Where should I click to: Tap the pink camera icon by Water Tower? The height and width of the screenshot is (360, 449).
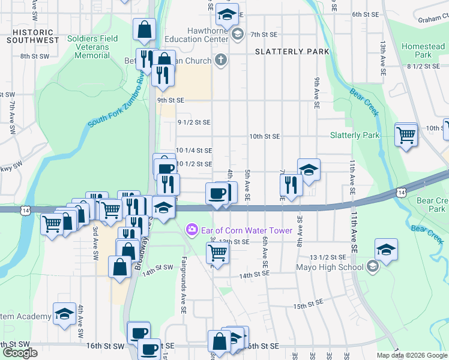pos(191,229)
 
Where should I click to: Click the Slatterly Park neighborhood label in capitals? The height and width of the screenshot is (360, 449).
pos(292,52)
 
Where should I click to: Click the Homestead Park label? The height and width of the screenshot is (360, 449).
pos(423,50)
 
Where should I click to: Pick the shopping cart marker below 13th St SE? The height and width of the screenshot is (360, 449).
pos(217,253)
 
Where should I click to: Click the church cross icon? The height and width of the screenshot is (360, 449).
pos(221,59)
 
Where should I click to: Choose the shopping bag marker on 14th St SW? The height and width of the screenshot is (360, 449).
pos(120,267)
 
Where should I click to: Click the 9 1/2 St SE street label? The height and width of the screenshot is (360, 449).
pos(194,122)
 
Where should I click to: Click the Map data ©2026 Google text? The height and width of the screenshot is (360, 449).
pos(412,355)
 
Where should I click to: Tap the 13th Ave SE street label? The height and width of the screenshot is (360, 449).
pos(382,58)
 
